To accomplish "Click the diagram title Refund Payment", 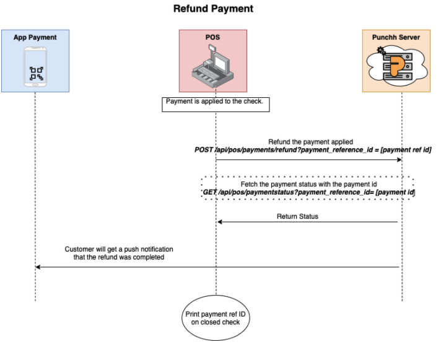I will click(214, 9).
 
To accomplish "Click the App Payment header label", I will click(35, 38).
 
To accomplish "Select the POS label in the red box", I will click(213, 38).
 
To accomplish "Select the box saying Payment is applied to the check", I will click(216, 103).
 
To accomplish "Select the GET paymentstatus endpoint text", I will click(308, 193).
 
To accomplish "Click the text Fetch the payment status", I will click(308, 184).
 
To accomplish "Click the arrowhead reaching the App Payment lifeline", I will click(38, 267).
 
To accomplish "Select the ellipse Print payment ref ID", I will click(216, 318).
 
